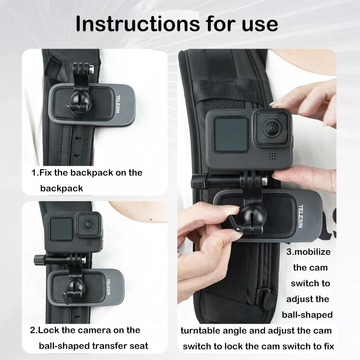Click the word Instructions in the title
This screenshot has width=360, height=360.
pyautogui.click(x=138, y=24)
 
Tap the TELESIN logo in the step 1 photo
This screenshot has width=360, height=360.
pyautogui.click(x=118, y=104)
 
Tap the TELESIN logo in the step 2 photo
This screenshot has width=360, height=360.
pyautogui.click(x=108, y=287)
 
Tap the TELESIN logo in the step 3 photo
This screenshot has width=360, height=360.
pyautogui.click(x=301, y=216)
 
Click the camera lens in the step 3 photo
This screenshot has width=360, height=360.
pyautogui.click(x=272, y=128)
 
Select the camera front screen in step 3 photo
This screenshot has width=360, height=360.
pyautogui.click(x=230, y=135)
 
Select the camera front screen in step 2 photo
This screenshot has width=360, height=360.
pyautogui.click(x=61, y=229)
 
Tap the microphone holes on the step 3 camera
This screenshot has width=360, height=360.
pyautogui.click(x=272, y=156)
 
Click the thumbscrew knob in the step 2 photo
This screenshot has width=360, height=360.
pyautogui.click(x=38, y=260)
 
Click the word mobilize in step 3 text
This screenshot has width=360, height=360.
pyautogui.click(x=312, y=252)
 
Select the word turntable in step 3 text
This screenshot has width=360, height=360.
pyautogui.click(x=200, y=331)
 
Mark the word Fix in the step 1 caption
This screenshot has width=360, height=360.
pyautogui.click(x=46, y=172)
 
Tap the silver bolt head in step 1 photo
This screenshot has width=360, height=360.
pyautogui.click(x=92, y=69)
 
